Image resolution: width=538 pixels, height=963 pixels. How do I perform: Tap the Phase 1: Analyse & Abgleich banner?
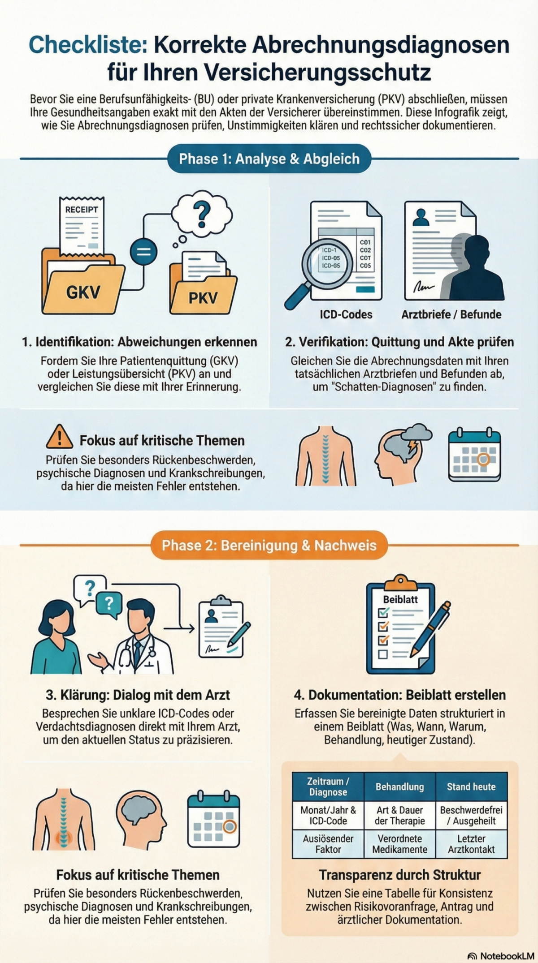point(269,159)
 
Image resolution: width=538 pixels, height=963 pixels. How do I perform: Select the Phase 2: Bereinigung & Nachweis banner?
point(269,545)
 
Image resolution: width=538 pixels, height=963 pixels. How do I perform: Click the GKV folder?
point(83,289)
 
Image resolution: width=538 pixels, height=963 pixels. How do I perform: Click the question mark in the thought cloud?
point(201,214)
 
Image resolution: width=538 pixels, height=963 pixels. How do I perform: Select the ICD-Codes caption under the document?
point(346,314)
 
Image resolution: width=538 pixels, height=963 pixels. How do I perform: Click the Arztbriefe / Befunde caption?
point(451,314)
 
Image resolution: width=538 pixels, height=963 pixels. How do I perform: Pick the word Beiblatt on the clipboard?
point(400,599)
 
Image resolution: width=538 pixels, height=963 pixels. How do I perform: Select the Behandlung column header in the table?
point(399,787)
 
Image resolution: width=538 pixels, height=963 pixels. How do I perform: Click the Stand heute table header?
point(471,787)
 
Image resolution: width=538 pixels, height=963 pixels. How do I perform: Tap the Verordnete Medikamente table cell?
point(399,844)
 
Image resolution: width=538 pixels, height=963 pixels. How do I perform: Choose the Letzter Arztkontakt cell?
point(471,844)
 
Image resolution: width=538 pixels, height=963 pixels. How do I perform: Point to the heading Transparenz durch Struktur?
point(399,875)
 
